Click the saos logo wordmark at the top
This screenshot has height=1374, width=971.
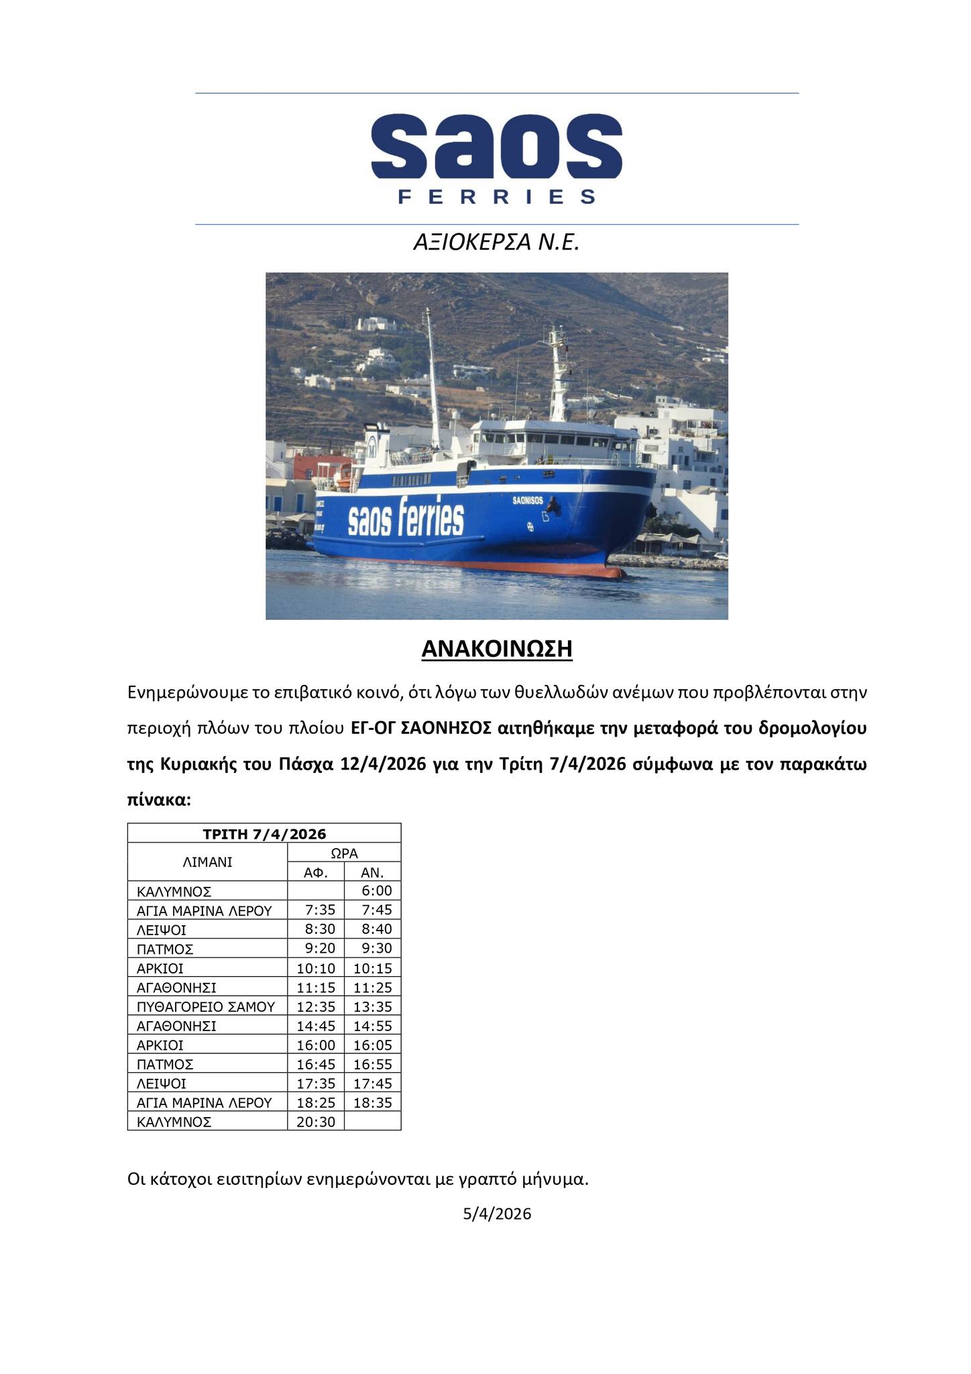coord(496,146)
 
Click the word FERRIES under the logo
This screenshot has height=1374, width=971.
coord(496,197)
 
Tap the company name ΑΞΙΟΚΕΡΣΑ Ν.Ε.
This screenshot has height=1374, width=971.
coord(496,242)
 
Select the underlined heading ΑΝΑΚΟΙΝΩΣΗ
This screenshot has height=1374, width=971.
coord(496,649)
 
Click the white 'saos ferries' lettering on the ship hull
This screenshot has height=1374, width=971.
coord(406,519)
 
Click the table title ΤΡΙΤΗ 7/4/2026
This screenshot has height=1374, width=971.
coord(264,834)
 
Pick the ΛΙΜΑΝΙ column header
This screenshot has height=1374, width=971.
coord(207,862)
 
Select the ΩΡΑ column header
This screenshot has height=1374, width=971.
coord(344,853)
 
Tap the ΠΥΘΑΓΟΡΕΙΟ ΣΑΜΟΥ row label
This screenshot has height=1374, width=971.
coord(206,1006)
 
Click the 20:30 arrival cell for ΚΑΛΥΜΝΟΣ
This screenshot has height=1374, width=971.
coord(316,1122)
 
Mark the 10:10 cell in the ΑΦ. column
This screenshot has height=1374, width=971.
coord(316,968)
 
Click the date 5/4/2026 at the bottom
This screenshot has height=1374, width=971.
coord(497,1214)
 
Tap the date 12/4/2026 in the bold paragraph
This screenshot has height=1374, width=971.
coord(383,764)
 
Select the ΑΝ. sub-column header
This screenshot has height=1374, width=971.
coord(372,872)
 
